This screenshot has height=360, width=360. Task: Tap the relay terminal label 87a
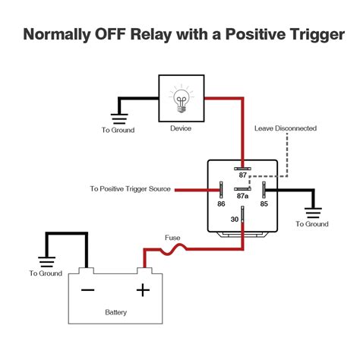[242, 195]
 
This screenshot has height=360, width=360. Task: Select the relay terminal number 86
[220, 204]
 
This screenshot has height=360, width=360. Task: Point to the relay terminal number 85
[264, 204]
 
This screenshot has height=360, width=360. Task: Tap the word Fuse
[172, 237]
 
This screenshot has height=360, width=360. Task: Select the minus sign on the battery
[87, 289]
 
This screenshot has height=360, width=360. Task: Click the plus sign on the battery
[141, 289]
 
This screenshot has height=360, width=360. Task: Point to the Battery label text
[115, 312]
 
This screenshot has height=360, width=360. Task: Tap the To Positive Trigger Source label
[130, 188]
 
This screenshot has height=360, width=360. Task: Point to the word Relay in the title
[162, 35]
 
